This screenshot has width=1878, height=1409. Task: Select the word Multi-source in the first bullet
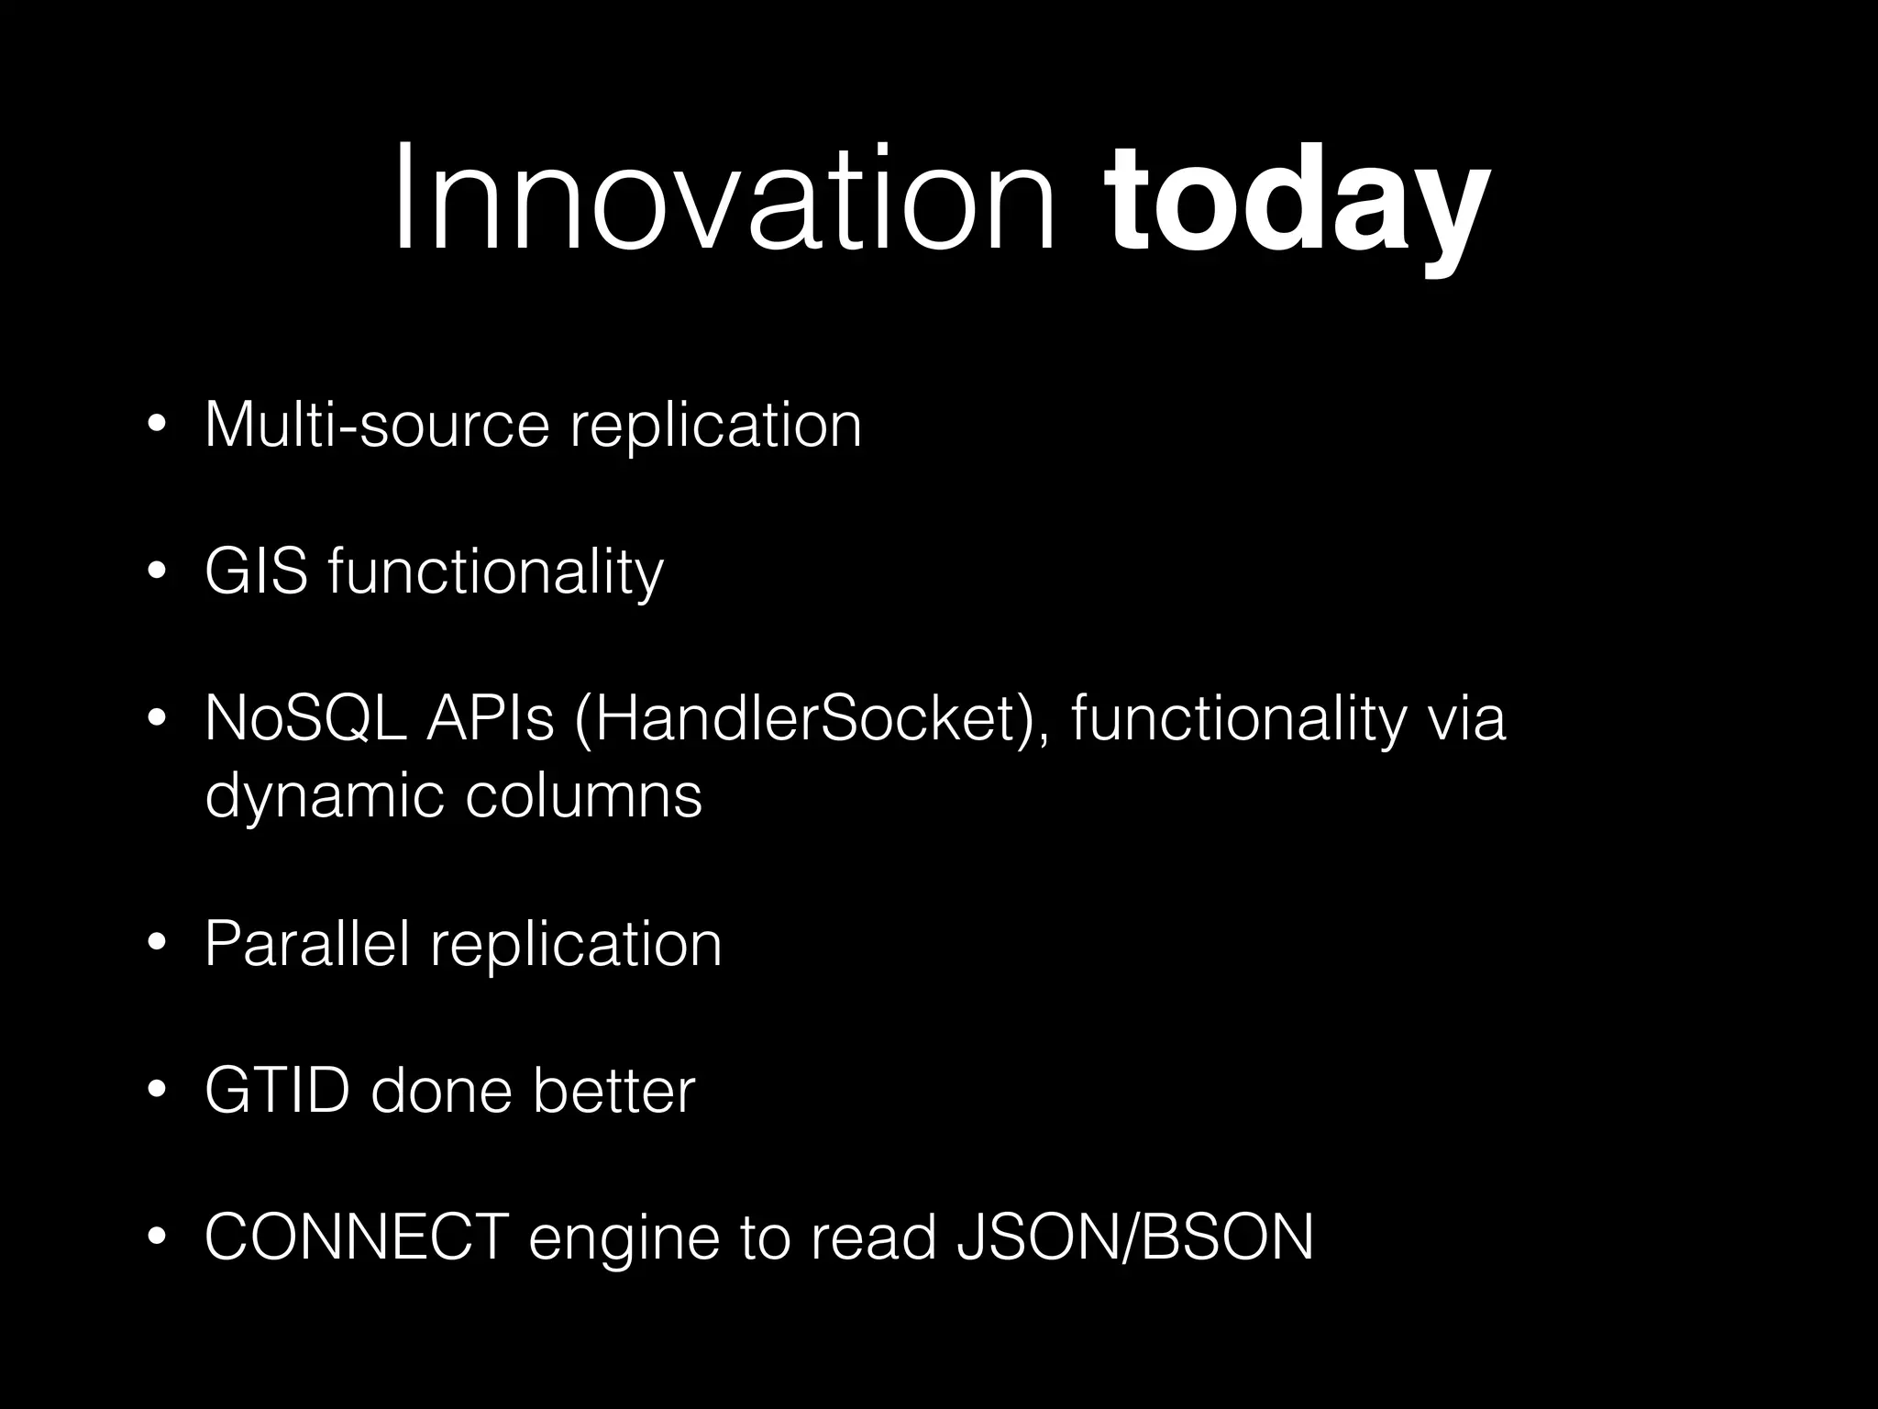click(377, 425)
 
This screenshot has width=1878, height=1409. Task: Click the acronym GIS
click(256, 571)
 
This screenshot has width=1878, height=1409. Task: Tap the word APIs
click(491, 718)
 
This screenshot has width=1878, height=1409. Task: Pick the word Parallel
click(306, 943)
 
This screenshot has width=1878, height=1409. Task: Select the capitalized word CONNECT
click(357, 1237)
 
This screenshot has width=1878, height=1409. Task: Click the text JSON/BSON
click(1134, 1237)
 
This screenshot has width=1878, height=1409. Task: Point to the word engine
click(624, 1240)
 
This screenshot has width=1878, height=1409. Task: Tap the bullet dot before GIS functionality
click(157, 572)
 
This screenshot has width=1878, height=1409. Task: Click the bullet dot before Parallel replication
click(157, 945)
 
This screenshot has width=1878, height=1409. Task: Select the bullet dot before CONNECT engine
click(157, 1239)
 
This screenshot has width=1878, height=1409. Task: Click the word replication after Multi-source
click(715, 427)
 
